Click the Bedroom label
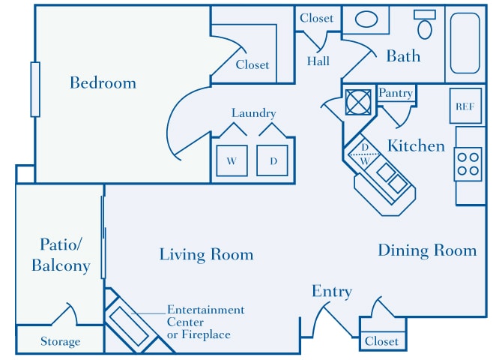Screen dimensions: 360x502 tap(103, 82)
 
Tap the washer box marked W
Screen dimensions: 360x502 tap(232, 160)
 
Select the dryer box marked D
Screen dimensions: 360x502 tap(273, 160)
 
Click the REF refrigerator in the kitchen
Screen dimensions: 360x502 tap(464, 106)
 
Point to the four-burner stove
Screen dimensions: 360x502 tap(468, 164)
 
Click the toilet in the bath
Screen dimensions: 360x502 tap(425, 27)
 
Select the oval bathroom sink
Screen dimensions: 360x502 tap(366, 19)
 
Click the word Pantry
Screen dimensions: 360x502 tap(396, 93)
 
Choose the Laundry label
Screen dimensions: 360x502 tap(253, 113)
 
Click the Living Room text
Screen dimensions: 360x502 tap(206, 255)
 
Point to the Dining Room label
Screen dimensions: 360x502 tap(426, 250)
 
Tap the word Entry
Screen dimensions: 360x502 tap(332, 292)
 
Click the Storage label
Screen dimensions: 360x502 tap(60, 342)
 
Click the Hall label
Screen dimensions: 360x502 tap(318, 61)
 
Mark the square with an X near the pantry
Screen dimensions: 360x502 tap(358, 101)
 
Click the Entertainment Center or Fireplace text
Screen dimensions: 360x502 tap(205, 322)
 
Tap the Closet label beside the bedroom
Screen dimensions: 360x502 tap(252, 64)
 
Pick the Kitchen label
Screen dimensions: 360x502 tap(416, 145)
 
